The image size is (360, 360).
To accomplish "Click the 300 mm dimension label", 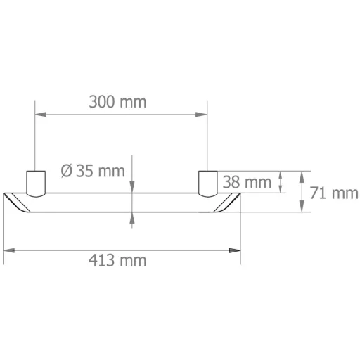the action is [117, 102].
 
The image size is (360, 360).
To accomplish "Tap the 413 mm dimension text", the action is [117, 260].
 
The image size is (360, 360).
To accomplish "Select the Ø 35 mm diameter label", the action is [93, 171].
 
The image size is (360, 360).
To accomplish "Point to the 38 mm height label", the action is [247, 182].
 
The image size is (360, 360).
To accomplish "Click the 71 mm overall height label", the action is [334, 193].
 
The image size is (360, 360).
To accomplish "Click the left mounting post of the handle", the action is [36, 184].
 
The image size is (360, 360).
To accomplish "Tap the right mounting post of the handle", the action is [208, 184].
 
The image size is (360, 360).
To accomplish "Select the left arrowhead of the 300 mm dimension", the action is [41, 115].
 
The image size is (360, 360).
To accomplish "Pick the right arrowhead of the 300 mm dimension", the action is [201, 115].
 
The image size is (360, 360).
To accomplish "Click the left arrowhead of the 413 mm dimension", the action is [9, 250].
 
